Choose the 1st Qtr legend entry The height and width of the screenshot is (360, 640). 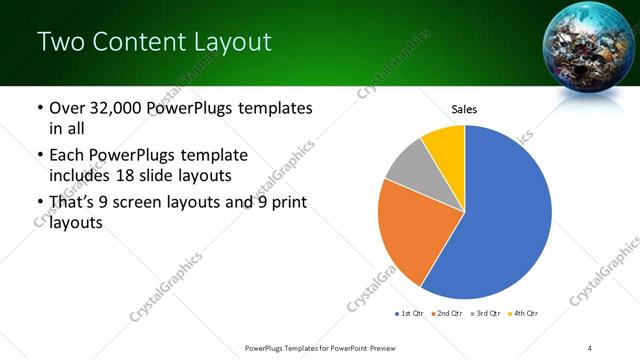(411, 314)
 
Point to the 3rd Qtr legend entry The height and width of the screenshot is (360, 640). (486, 314)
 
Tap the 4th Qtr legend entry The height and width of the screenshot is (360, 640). (524, 314)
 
